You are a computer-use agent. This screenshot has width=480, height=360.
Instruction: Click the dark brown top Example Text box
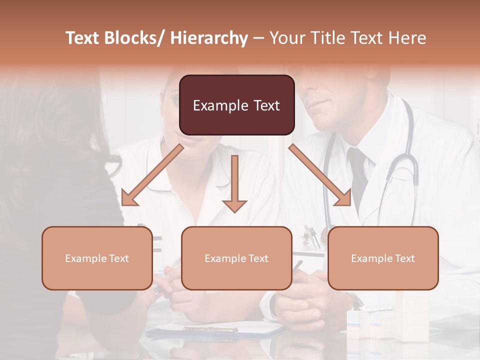click(x=236, y=105)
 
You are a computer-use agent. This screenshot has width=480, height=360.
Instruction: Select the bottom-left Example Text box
click(x=97, y=258)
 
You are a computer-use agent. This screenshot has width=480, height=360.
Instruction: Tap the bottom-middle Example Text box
click(x=236, y=258)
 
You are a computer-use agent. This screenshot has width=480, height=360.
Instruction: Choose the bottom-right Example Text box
click(x=383, y=258)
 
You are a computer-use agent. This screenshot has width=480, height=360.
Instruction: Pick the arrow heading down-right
click(x=320, y=175)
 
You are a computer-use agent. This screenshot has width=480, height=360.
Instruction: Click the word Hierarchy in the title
click(x=209, y=38)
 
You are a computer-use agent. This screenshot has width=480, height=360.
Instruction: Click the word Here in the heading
click(x=407, y=38)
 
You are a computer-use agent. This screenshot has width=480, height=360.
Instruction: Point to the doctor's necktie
click(x=357, y=175)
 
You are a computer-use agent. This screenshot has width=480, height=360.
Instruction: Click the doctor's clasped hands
click(x=300, y=305)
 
